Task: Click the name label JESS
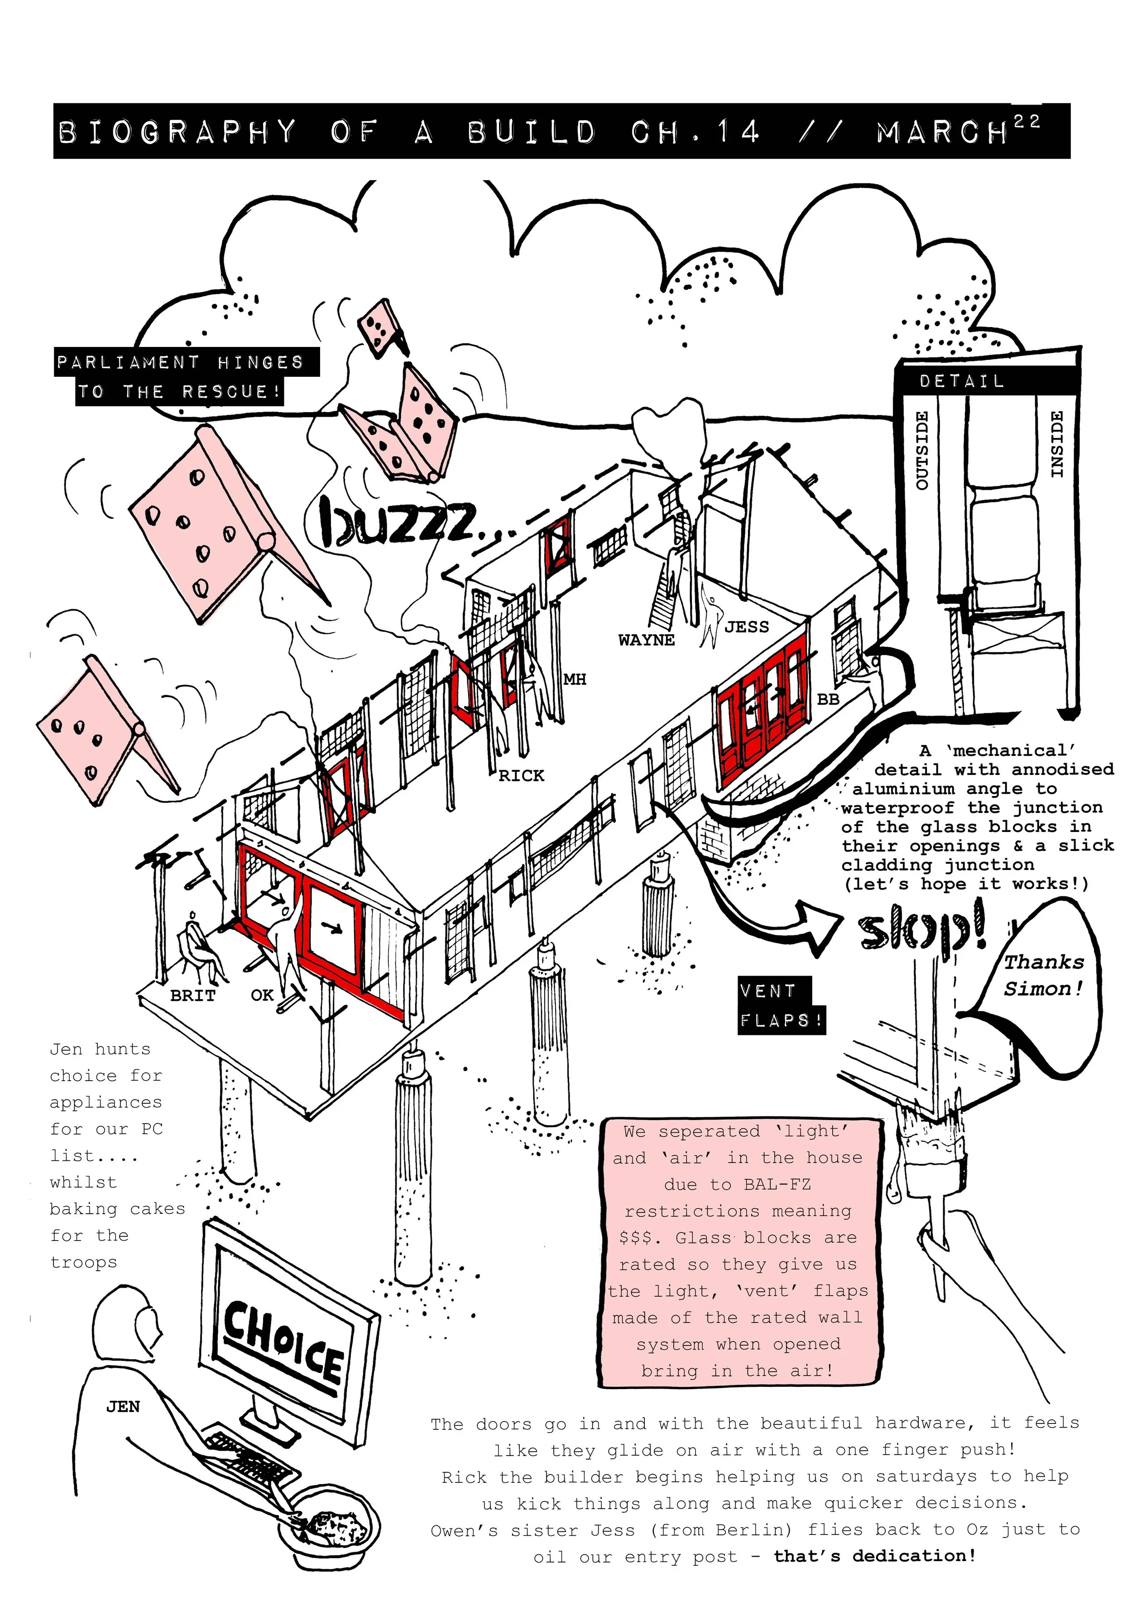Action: tap(747, 627)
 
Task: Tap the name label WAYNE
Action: tap(646, 640)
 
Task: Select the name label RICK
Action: tap(521, 775)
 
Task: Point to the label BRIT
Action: tap(192, 996)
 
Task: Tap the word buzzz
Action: tap(401, 523)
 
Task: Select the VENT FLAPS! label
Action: tap(782, 1005)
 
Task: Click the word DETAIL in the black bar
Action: tap(961, 381)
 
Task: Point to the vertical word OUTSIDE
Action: tap(921, 450)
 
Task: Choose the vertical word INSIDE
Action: tap(1057, 444)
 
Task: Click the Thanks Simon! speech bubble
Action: tap(1043, 976)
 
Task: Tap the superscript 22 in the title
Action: tap(1027, 121)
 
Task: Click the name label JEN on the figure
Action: tap(123, 1407)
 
